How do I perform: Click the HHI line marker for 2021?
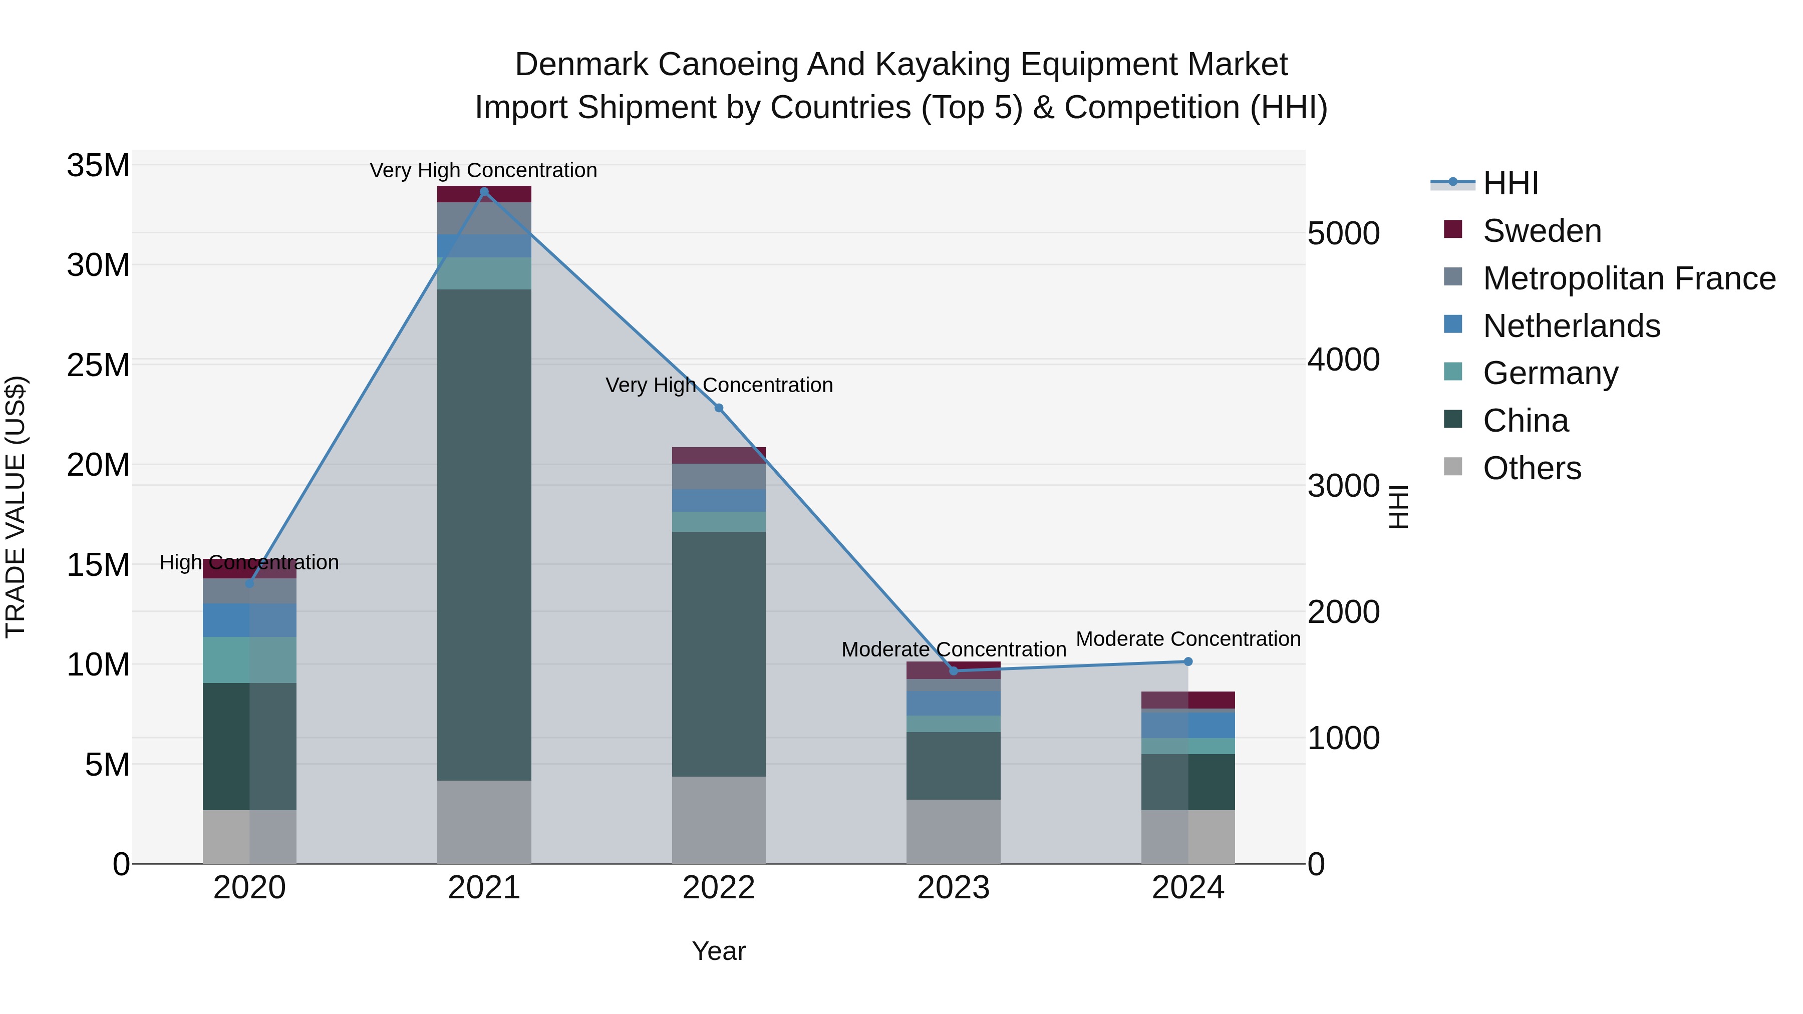point(484,192)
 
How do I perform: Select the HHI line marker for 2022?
point(718,408)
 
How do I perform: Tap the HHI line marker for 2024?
point(1188,661)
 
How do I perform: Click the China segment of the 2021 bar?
point(484,535)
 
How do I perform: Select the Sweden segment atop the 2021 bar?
point(484,194)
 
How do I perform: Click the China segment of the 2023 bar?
point(953,766)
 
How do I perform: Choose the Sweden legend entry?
point(1541,231)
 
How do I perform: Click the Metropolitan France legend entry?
point(1628,278)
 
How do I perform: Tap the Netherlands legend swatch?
point(1453,324)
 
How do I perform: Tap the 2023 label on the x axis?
point(953,888)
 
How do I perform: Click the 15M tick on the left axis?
point(98,565)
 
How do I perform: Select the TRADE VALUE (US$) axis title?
point(16,507)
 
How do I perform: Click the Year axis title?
point(718,951)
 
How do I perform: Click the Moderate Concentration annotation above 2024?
point(1188,639)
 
